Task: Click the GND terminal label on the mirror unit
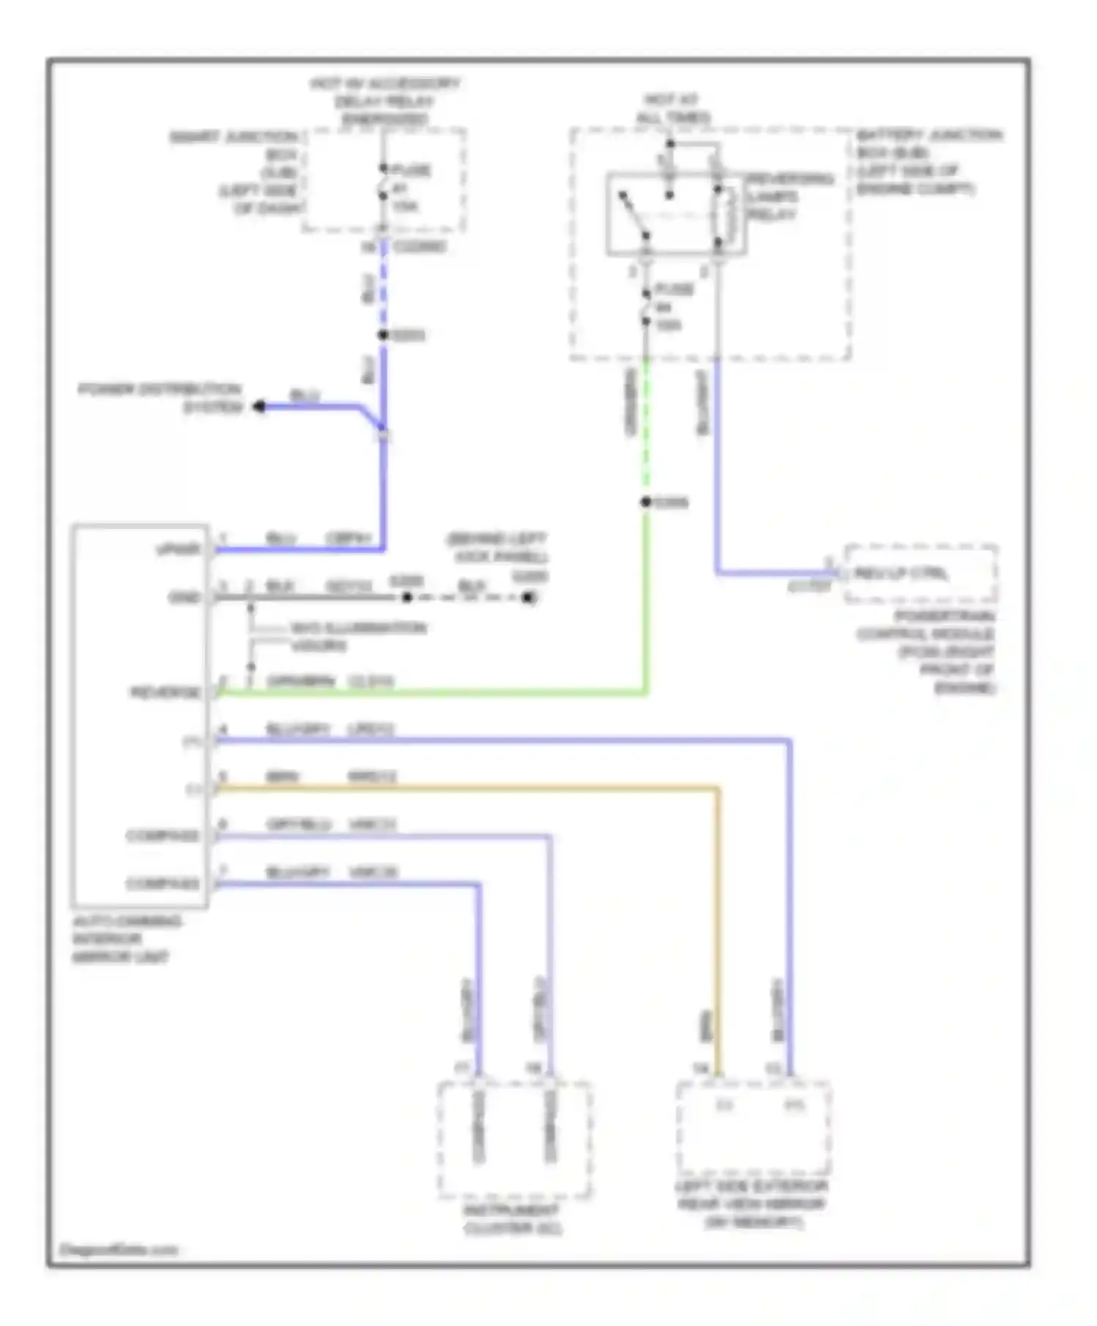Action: pyautogui.click(x=184, y=598)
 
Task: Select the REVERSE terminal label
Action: pyautogui.click(x=166, y=692)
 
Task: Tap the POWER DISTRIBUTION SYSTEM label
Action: pyautogui.click(x=160, y=398)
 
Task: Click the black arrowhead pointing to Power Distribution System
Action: pyautogui.click(x=258, y=406)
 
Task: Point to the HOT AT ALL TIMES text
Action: pyautogui.click(x=672, y=108)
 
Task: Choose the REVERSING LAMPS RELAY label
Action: pyautogui.click(x=788, y=196)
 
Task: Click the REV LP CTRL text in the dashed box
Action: pyautogui.click(x=900, y=574)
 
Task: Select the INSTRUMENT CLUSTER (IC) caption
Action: pyautogui.click(x=513, y=1219)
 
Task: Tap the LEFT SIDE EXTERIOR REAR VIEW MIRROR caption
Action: pyautogui.click(x=752, y=1204)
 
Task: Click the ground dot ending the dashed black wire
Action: pyautogui.click(x=528, y=598)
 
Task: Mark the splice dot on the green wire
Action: pyautogui.click(x=646, y=502)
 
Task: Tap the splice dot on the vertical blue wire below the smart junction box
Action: pyautogui.click(x=382, y=335)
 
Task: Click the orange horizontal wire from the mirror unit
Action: pyautogui.click(x=468, y=788)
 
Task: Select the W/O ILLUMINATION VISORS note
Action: pyautogui.click(x=357, y=636)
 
